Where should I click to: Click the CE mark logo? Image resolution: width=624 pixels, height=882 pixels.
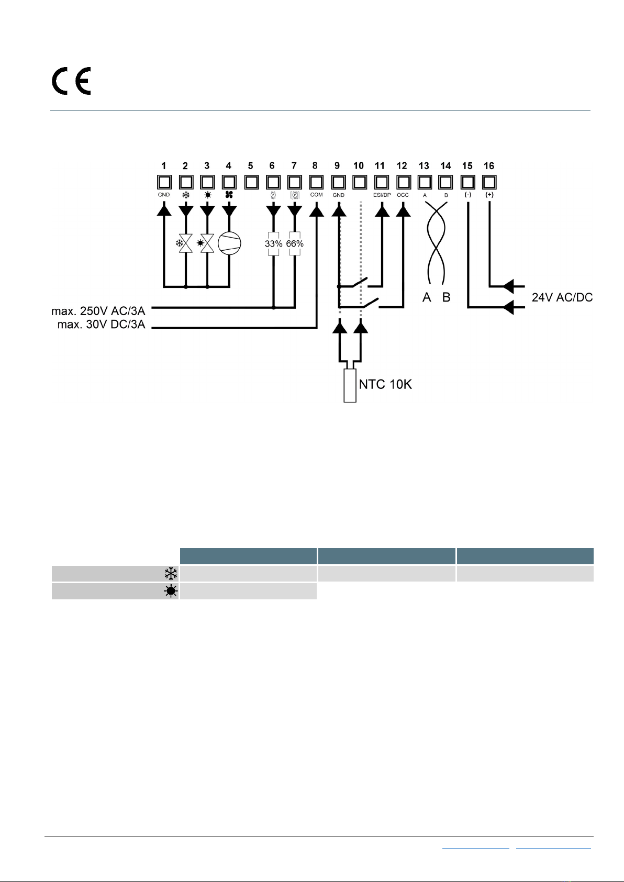(71, 81)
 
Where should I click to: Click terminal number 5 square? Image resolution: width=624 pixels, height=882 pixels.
(251, 182)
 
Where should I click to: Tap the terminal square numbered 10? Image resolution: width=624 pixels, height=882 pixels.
(360, 182)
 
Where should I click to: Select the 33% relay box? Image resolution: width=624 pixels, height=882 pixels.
(273, 244)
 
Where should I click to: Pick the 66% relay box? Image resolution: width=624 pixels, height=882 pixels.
(295, 244)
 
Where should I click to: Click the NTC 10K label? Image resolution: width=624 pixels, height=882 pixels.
(385, 384)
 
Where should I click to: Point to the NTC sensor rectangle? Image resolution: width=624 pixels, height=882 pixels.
(350, 385)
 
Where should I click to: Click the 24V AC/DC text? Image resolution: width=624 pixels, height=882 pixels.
(562, 297)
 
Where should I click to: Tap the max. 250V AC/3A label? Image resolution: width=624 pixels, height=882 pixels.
(98, 311)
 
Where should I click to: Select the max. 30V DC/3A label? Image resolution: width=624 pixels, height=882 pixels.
(102, 325)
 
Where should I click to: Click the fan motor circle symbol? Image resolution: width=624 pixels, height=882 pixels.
(229, 243)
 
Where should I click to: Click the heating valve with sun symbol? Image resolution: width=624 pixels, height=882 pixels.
(206, 243)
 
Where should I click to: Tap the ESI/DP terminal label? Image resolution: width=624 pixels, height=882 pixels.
(382, 195)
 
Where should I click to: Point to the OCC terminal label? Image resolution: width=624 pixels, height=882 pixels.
(403, 195)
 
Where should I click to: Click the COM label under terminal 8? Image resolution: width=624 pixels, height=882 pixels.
(317, 195)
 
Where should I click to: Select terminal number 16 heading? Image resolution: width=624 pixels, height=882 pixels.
(489, 166)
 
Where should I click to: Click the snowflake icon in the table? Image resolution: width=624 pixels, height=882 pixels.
(171, 574)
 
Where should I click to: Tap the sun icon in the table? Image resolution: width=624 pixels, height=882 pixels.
(171, 591)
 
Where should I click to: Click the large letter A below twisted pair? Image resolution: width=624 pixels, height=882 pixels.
(426, 297)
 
